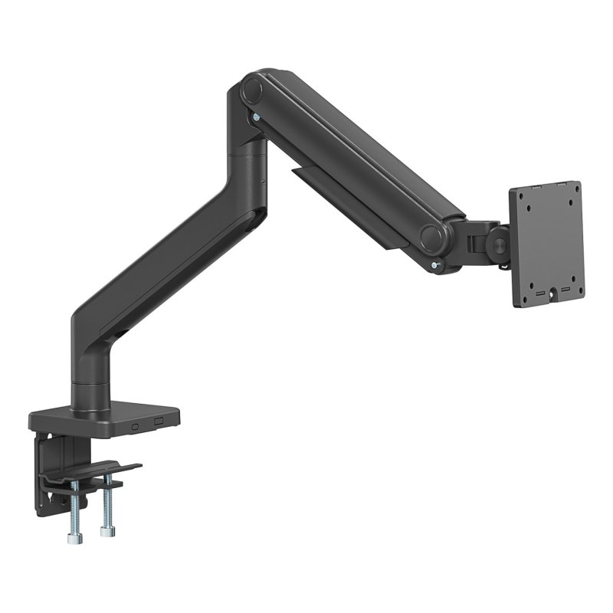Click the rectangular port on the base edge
[x=159, y=421]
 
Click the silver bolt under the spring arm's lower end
[x=436, y=265]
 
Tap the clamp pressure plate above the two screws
[x=107, y=469]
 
